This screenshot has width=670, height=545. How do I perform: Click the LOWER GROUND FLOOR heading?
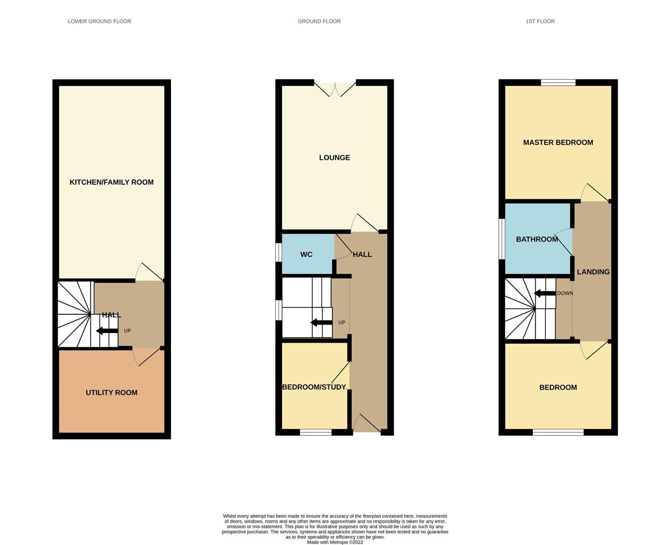[99, 21]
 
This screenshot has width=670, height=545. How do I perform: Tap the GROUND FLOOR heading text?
[319, 21]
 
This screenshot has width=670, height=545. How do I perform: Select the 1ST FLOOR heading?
[540, 21]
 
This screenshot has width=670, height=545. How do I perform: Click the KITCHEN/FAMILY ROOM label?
[111, 182]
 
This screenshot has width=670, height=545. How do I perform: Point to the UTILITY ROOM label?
[111, 393]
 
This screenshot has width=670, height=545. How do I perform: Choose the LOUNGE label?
[334, 158]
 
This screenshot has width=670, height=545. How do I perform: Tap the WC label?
[306, 254]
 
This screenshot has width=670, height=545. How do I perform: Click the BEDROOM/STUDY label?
[314, 387]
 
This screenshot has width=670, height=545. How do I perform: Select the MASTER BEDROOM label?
[558, 142]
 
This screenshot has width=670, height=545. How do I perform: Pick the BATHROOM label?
[537, 239]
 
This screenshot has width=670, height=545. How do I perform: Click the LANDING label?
[593, 272]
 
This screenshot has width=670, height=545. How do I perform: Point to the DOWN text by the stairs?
[565, 293]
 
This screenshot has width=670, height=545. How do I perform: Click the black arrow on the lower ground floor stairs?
[106, 331]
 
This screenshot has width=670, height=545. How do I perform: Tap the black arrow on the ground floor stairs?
[321, 322]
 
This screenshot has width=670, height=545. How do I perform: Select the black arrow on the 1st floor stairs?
[545, 293]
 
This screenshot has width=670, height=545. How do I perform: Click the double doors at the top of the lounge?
[335, 88]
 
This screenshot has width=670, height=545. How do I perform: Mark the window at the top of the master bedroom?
[558, 83]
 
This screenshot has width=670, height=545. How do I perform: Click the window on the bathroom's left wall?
[502, 239]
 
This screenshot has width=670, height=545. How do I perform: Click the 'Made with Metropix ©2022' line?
[335, 542]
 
